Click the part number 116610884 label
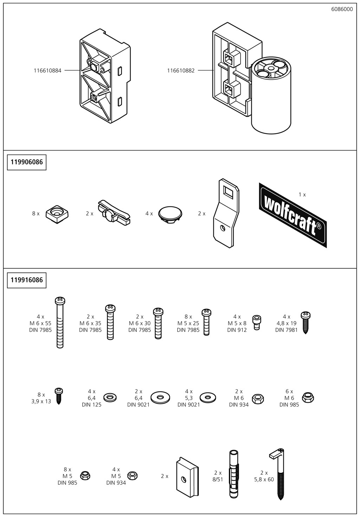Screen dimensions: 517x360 (47, 71)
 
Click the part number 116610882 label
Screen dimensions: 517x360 (181, 71)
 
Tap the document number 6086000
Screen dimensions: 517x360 (342, 9)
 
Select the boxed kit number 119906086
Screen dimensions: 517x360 (27, 162)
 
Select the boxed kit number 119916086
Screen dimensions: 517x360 (27, 280)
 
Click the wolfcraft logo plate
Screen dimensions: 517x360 (293, 215)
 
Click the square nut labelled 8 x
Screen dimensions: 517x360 (57, 213)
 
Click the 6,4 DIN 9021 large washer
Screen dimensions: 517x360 (160, 397)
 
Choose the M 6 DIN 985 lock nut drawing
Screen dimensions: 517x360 (308, 397)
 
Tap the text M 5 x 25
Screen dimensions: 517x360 (188, 323)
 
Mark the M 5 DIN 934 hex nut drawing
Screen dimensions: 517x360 (133, 475)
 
